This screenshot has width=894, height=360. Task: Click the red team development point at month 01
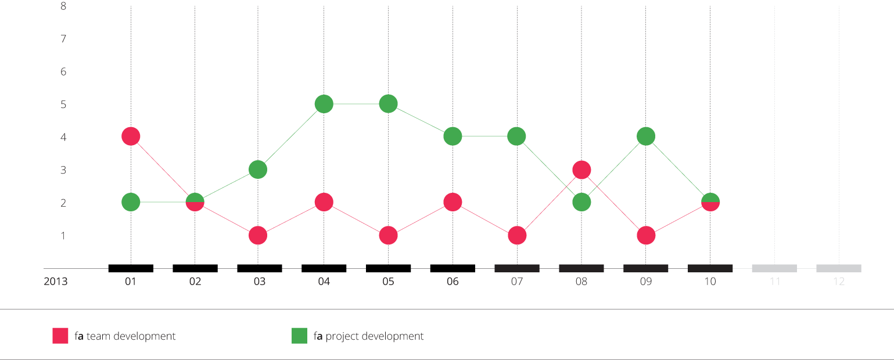coord(131,136)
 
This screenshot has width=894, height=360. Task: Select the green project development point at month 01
coord(131,202)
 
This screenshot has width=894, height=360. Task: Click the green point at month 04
coord(324,104)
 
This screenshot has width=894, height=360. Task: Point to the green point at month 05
coord(388,104)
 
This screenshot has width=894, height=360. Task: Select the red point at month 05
coord(388,236)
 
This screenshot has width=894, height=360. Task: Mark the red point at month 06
coord(453,202)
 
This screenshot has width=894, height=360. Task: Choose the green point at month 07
coord(517,136)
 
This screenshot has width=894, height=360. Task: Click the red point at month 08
coord(581,170)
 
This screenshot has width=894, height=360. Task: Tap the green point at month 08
coord(581,202)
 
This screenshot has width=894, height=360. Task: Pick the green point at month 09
coord(646,136)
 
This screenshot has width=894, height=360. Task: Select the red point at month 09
coord(646,236)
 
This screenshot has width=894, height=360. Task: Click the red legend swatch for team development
coord(60,336)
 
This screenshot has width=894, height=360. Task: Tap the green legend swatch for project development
coord(299,336)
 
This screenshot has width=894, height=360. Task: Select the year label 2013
coord(56,282)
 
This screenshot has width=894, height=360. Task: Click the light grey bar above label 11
coord(774,268)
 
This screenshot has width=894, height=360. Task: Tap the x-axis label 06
coord(453,282)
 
